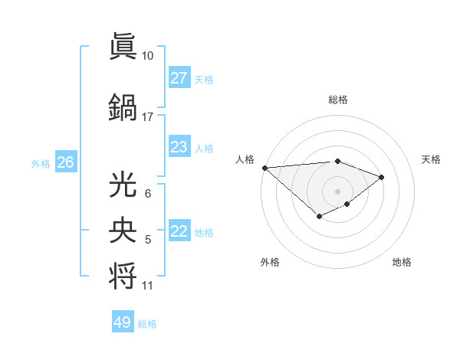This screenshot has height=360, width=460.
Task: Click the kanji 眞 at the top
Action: coord(123,47)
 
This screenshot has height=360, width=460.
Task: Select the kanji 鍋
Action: coord(123,108)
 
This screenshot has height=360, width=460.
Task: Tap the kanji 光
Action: coord(123,185)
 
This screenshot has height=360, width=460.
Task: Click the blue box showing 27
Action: coord(179,78)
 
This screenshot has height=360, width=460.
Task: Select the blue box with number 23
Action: coord(179,147)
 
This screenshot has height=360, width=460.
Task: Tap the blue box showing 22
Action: coord(179,231)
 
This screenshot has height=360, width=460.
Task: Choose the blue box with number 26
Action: coord(65,162)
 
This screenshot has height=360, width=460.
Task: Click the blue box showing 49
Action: coord(123,322)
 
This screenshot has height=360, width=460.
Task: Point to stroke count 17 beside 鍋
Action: coord(147,117)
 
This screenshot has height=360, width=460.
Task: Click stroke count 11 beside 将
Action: coord(147,286)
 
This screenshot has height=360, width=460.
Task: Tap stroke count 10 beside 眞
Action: coord(147,56)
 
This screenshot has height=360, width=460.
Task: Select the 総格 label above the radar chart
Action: coord(337,100)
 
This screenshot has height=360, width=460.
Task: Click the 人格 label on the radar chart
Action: coord(245,159)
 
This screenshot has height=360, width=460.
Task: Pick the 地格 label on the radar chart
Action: coord(402,262)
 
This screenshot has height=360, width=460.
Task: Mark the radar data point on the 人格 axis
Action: coord(264,168)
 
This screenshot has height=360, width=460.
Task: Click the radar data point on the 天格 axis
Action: coord(381,177)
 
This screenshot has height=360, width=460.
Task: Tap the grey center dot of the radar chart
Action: coord(337,191)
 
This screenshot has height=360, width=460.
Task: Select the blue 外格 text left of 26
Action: coord(41,163)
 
